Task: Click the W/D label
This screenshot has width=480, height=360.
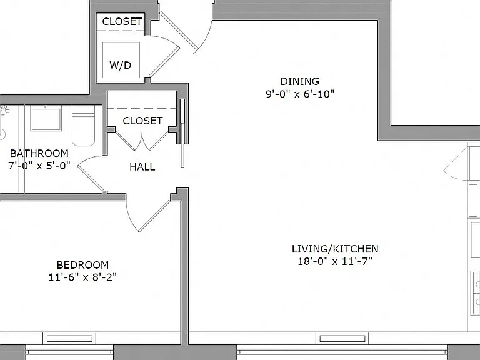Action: pyautogui.click(x=120, y=65)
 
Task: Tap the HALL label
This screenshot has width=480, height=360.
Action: pyautogui.click(x=142, y=167)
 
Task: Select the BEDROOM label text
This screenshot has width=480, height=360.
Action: pyautogui.click(x=82, y=265)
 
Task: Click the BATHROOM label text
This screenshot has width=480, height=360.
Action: pyautogui.click(x=39, y=153)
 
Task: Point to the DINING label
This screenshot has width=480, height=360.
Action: pyautogui.click(x=300, y=81)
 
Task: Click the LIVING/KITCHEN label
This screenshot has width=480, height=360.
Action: pyautogui.click(x=335, y=249)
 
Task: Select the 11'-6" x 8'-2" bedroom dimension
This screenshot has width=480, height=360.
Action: pyautogui.click(x=82, y=277)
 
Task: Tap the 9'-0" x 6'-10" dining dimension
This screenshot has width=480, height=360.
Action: pyautogui.click(x=300, y=94)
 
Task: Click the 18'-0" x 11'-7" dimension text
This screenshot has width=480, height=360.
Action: pyautogui.click(x=335, y=261)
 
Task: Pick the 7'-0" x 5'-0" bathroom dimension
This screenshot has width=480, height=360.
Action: pyautogui.click(x=39, y=166)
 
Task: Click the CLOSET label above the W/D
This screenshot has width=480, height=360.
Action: pyautogui.click(x=122, y=21)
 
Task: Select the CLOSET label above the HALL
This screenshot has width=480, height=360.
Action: pyautogui.click(x=142, y=121)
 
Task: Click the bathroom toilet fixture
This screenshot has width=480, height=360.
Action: pyautogui.click(x=83, y=126)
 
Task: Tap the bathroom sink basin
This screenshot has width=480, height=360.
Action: pyautogui.click(x=46, y=118)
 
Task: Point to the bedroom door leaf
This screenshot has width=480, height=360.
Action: pyautogui.click(x=154, y=216)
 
